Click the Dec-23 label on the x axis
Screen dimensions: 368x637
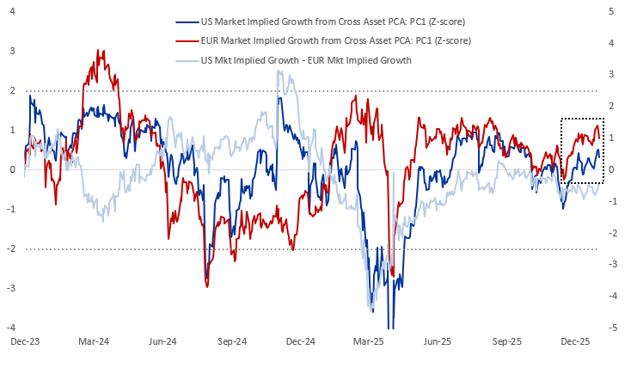pyautogui.click(x=24, y=341)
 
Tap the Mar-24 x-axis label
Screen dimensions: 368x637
pyautogui.click(x=94, y=341)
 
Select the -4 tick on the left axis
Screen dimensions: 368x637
pyautogui.click(x=10, y=328)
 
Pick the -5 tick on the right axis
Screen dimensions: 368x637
pyautogui.click(x=612, y=328)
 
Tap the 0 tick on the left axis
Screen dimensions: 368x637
pyautogui.click(x=12, y=169)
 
